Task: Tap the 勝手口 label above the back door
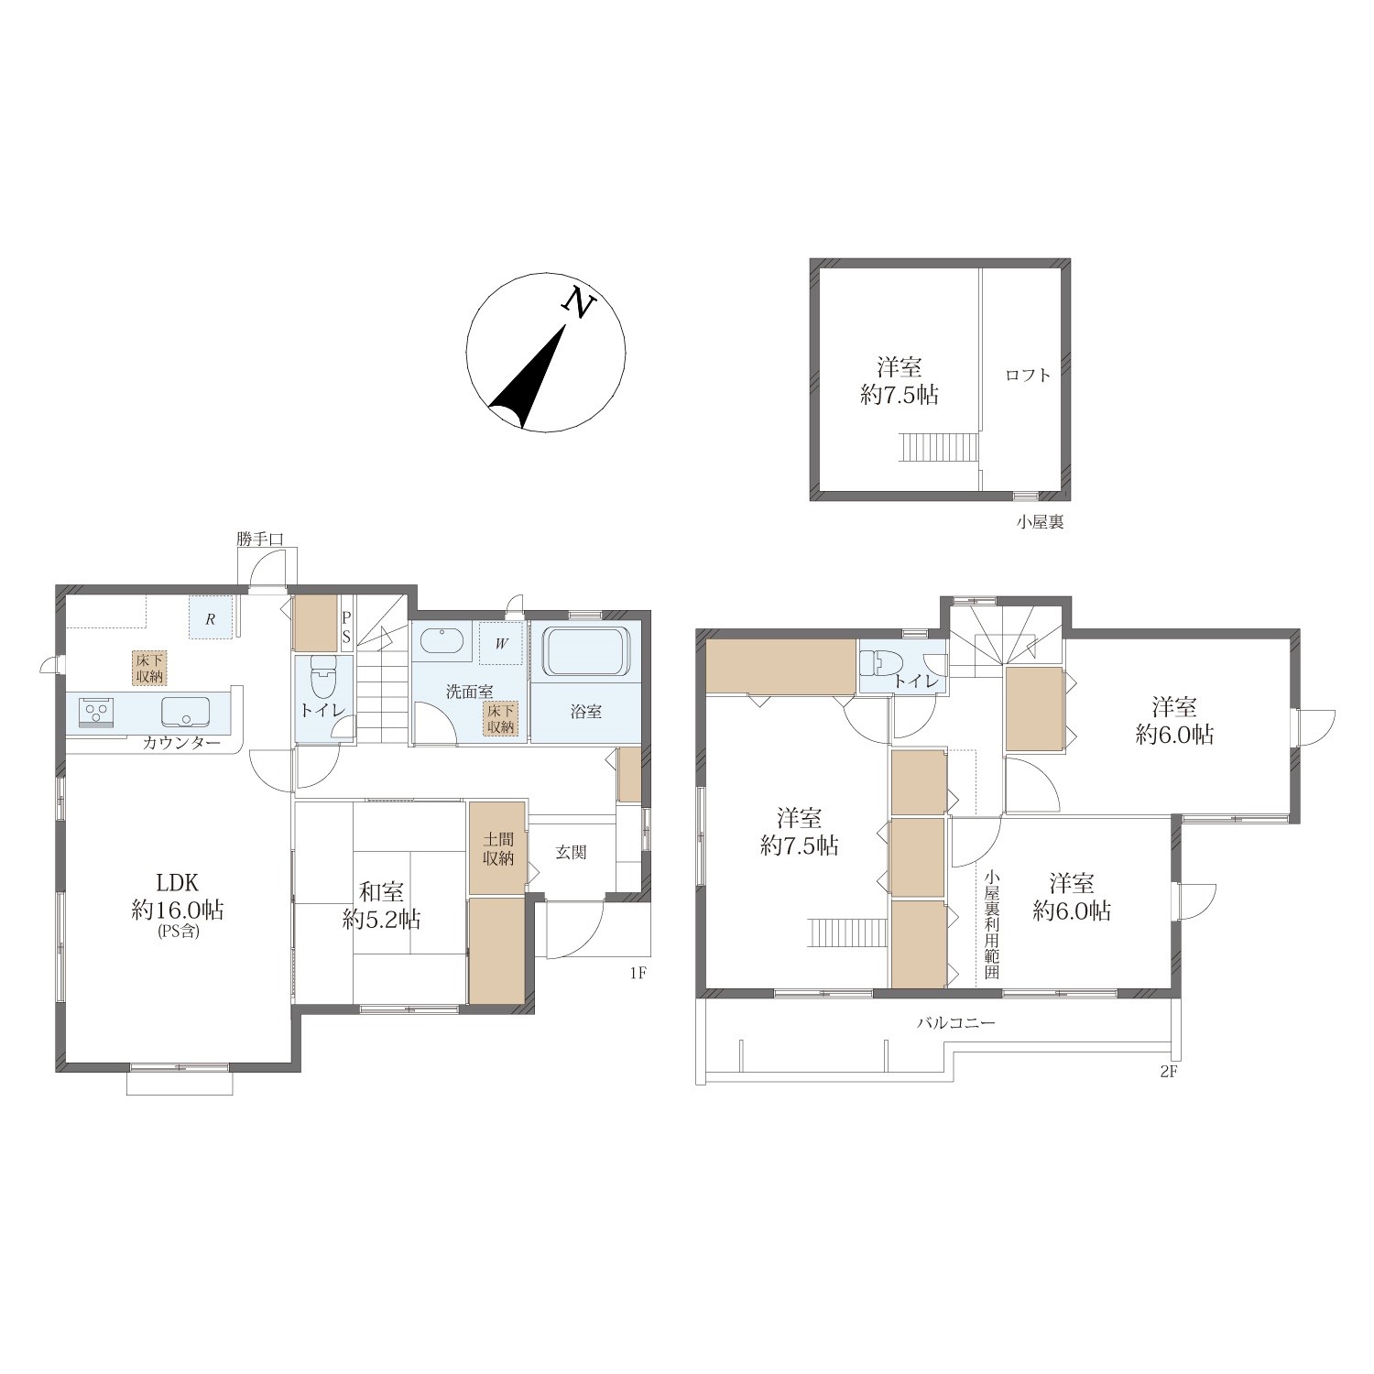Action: click(260, 540)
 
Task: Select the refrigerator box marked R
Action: click(210, 617)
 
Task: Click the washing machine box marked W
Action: click(501, 642)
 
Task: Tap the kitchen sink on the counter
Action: click(186, 711)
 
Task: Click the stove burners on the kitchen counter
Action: click(97, 712)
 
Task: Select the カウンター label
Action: click(180, 743)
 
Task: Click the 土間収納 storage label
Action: click(498, 850)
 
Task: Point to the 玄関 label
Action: click(571, 852)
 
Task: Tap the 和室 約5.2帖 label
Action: click(382, 904)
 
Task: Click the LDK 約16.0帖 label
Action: click(179, 902)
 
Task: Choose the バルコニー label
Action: click(956, 1022)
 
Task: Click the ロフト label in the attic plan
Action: click(1028, 375)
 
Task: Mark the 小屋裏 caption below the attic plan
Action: click(1040, 523)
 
